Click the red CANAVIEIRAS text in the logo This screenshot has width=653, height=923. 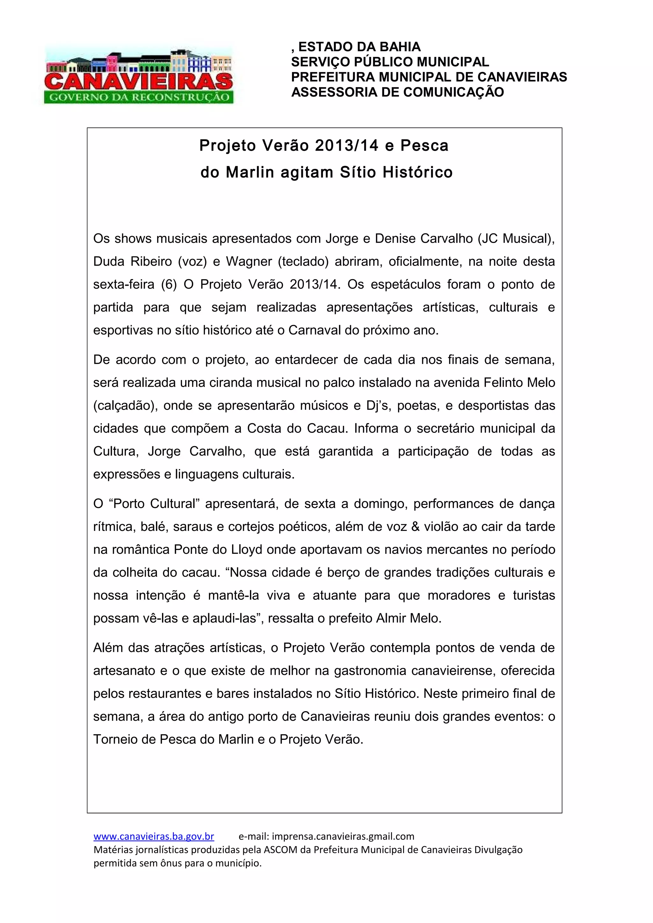[138, 82]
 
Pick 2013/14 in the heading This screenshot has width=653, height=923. [346, 146]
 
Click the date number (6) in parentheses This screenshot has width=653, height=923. [169, 285]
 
